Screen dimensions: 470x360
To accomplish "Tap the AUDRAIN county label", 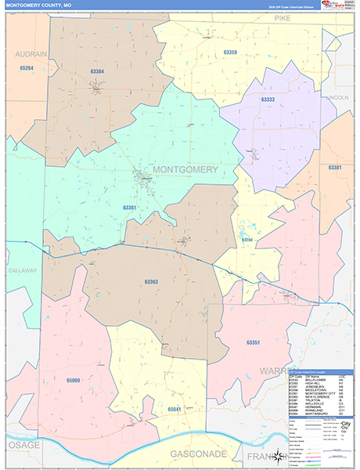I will tap(31, 54).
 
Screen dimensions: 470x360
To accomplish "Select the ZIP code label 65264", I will tap(27, 68).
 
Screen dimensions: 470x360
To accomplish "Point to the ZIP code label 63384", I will tap(97, 71).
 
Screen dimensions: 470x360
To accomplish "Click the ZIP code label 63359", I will tap(230, 52).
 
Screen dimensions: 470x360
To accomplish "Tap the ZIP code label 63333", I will tap(268, 100).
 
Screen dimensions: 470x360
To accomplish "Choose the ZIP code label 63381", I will tap(335, 168).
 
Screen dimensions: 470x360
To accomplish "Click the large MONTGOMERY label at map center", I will tap(187, 170).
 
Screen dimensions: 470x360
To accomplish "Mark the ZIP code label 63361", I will tap(130, 207).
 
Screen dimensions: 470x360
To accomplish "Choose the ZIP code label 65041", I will tap(174, 409).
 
